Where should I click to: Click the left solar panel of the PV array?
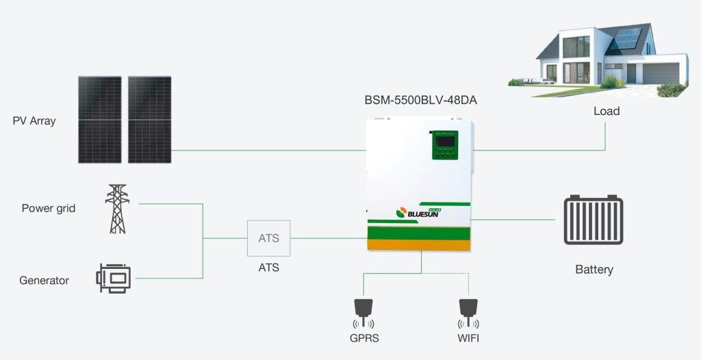coord(99,119)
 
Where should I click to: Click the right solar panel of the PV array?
coord(149,119)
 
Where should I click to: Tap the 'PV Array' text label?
coord(34,121)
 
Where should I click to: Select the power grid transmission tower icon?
coord(116,209)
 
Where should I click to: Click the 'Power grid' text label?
coord(48,208)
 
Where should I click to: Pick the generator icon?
coord(113,279)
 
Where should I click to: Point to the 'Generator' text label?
coord(44,280)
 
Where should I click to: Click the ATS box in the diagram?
coord(268,238)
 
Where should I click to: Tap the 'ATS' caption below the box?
coord(268,268)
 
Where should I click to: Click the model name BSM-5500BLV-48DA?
coord(420,100)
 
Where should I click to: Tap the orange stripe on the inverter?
coord(419,242)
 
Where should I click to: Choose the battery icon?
coord(594,220)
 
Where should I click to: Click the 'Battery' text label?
coord(594,270)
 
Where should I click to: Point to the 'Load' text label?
coord(606,111)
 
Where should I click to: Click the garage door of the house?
coord(661,73)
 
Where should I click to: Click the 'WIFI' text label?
coord(469,338)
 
